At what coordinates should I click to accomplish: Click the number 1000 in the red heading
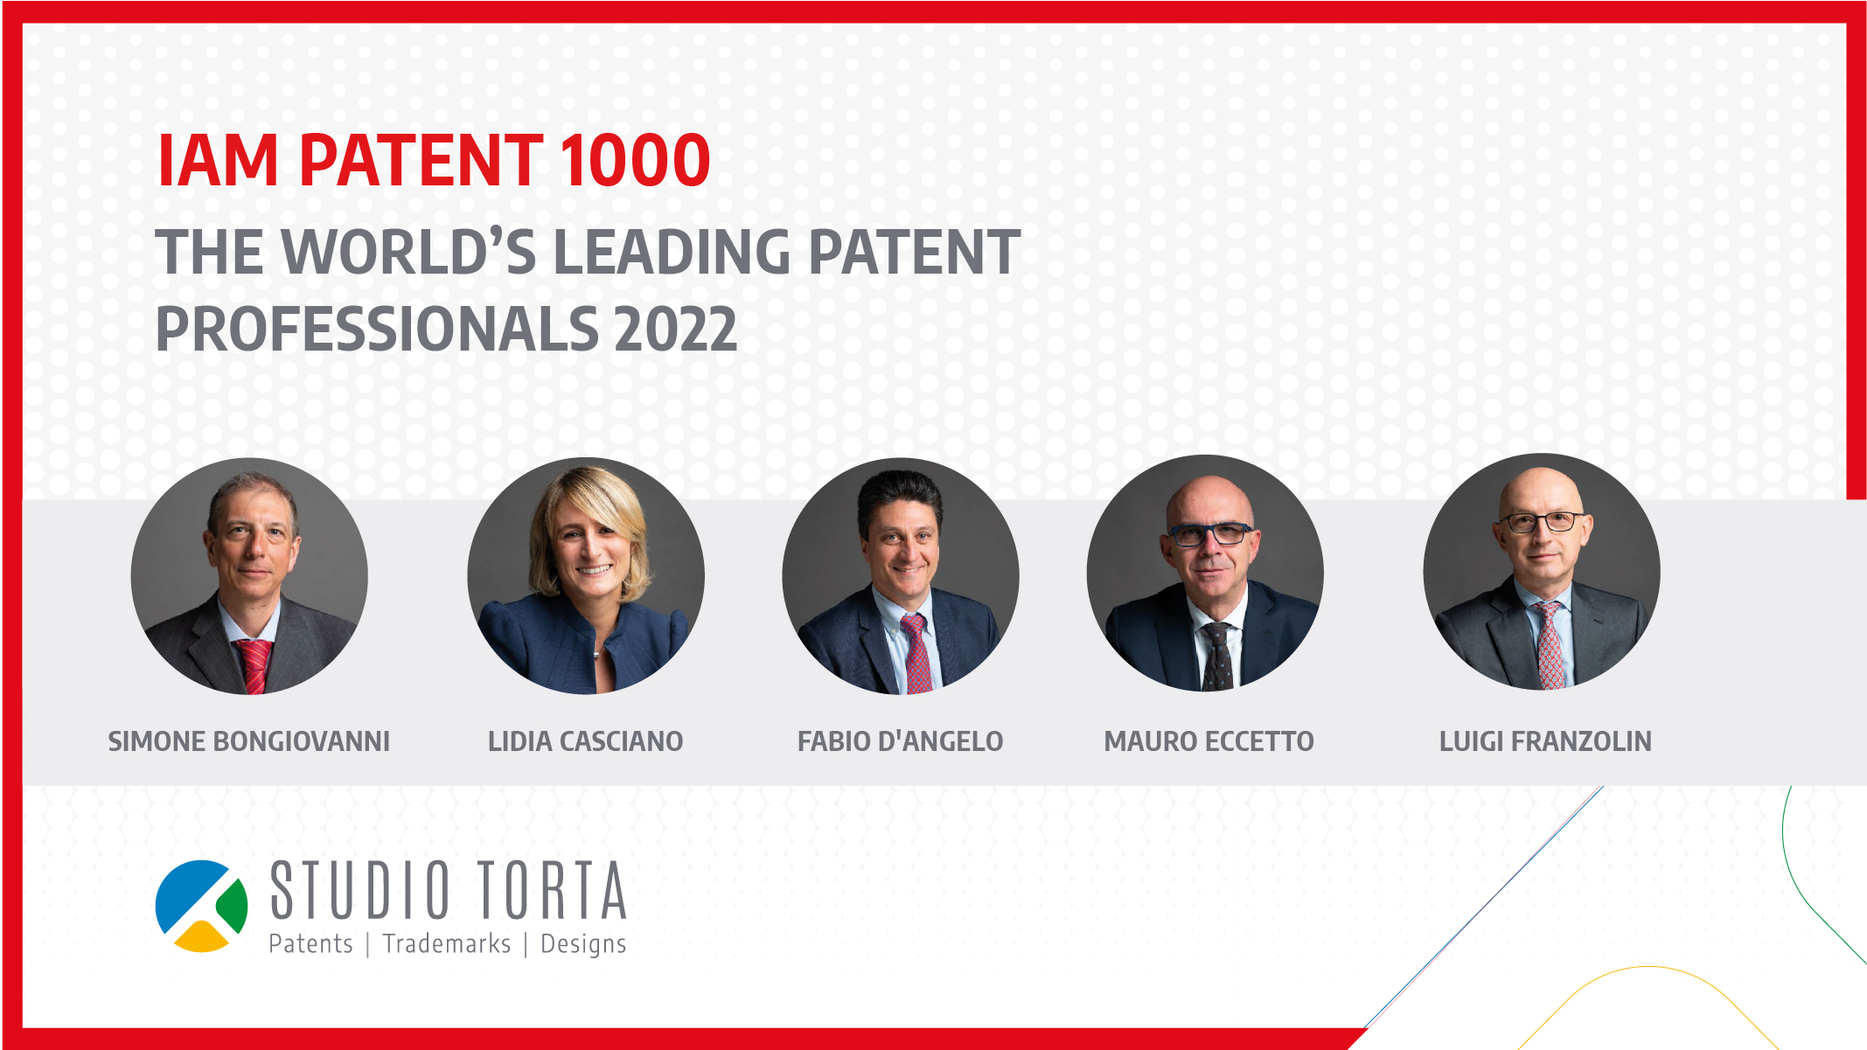point(635,160)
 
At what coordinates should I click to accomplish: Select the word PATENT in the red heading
point(421,160)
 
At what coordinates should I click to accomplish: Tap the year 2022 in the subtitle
point(675,330)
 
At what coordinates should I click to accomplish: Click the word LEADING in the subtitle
point(672,253)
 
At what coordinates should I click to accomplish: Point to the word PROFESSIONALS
point(377,330)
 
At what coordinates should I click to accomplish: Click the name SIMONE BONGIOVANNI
point(248,741)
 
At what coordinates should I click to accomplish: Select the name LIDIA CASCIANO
point(585,741)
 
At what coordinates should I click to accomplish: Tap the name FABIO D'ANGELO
point(900,741)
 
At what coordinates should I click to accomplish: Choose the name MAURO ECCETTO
point(1209,741)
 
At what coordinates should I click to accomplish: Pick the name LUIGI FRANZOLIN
point(1545,741)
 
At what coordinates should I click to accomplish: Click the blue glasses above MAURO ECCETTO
point(1210,533)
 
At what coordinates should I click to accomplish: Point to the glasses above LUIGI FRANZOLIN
point(1541,522)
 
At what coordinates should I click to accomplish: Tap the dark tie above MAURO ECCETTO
point(1217,657)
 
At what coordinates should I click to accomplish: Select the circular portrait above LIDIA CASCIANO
point(586,575)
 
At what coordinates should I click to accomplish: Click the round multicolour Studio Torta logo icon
point(201,906)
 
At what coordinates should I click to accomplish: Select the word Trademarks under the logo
point(447,944)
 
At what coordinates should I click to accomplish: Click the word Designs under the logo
point(583,945)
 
